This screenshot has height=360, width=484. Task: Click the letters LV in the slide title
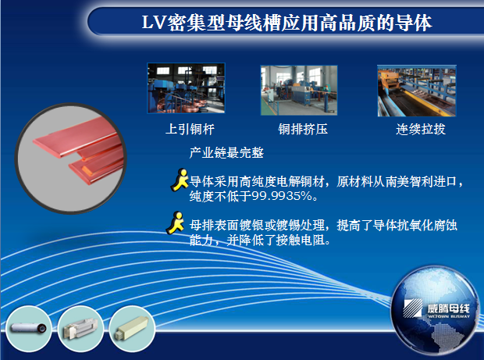(155, 23)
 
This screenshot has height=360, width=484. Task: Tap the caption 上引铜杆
(190, 129)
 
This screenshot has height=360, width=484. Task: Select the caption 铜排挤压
(303, 129)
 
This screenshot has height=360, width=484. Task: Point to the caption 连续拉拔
(421, 129)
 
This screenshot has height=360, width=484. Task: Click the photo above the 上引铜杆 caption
(186, 88)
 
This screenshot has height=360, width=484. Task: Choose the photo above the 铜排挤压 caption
(299, 90)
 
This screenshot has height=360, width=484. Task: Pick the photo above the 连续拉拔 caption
(417, 91)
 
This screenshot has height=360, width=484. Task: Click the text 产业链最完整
(226, 153)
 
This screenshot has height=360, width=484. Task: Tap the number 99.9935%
(282, 196)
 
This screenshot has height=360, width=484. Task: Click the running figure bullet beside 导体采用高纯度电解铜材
(180, 180)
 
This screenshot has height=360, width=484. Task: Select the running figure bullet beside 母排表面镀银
(176, 223)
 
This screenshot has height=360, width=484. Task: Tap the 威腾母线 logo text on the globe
(449, 308)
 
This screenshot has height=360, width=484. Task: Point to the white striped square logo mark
(413, 308)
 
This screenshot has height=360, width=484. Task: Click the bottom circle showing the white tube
(29, 329)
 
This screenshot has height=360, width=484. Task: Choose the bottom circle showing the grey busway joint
(80, 329)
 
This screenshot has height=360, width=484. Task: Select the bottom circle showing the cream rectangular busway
(132, 329)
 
